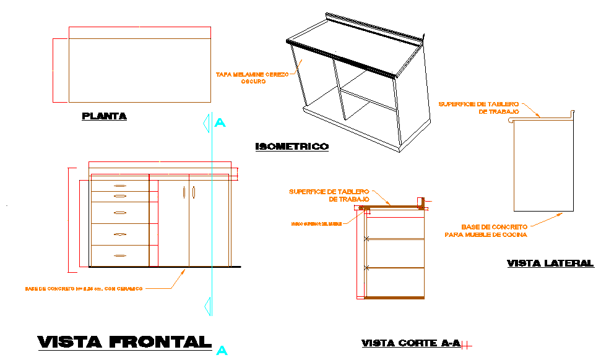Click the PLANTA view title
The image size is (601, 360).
[x=104, y=116]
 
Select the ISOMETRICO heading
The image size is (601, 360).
[x=292, y=147]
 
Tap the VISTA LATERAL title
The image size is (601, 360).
[x=550, y=263]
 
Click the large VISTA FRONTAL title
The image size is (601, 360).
[x=124, y=341]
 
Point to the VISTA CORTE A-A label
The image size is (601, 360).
[x=411, y=343]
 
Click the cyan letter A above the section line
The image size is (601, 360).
[x=220, y=123]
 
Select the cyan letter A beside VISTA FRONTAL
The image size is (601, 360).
[x=222, y=350]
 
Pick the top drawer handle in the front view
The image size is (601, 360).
[x=120, y=186]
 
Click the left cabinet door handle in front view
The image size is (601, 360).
[x=184, y=193]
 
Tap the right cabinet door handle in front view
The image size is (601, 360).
[x=194, y=193]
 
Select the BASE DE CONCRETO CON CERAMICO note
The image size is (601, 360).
[x=84, y=288]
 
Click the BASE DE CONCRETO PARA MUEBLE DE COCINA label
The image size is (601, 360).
[x=485, y=231]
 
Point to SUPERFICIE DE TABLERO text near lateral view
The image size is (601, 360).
[x=478, y=108]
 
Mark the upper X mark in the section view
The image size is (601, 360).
[x=366, y=238]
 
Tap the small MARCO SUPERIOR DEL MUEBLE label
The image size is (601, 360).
[x=316, y=223]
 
